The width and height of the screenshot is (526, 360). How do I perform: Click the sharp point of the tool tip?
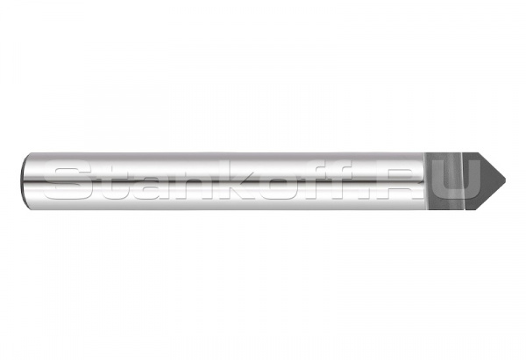click(x=505, y=180)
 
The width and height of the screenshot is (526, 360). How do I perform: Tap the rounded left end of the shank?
click(x=24, y=181)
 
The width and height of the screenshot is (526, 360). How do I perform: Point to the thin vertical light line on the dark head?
click(x=463, y=181)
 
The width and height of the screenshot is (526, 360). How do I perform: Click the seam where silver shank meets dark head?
click(x=424, y=181)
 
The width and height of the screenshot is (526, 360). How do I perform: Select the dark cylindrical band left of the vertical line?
click(x=443, y=181)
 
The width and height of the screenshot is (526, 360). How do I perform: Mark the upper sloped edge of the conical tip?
click(x=492, y=166)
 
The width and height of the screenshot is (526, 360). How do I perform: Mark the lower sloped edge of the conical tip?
click(x=492, y=196)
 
